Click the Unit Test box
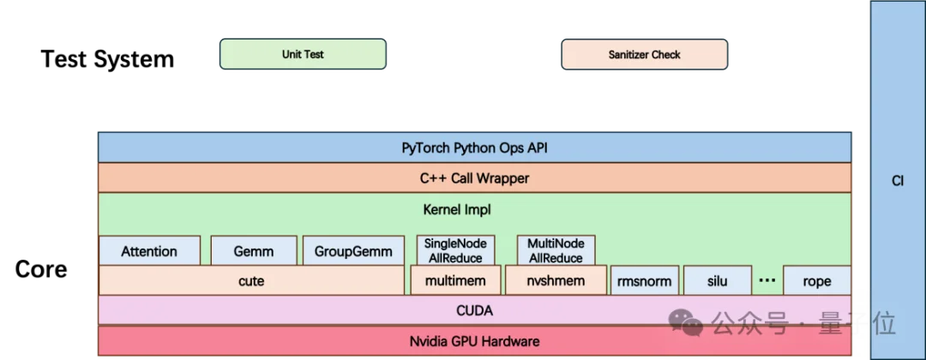pos(303,54)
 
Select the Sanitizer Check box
pos(644,54)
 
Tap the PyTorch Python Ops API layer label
pos(474,147)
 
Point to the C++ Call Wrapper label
pos(474,178)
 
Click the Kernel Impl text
pos(457,209)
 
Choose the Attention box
pos(149,251)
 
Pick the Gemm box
pos(254,251)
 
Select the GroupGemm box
pos(353,251)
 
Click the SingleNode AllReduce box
pos(454,250)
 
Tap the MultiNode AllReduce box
pos(556,250)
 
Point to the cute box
pos(251,281)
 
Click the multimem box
pos(454,281)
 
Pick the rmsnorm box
pos(644,281)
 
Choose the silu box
pos(717,281)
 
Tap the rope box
pos(817,281)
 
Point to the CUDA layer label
pos(474,310)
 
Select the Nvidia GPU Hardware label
pos(474,341)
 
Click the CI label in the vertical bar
pos(898,181)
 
